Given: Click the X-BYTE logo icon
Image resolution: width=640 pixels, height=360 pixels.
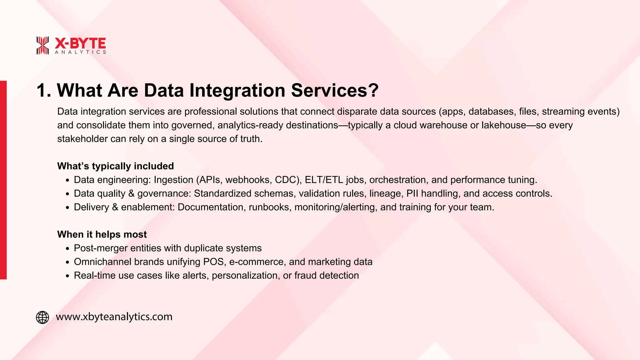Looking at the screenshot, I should pos(42,45).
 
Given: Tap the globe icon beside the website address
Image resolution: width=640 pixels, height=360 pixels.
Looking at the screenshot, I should pos(42,317).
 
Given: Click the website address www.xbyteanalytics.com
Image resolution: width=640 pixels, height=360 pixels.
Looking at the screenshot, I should pos(114,317).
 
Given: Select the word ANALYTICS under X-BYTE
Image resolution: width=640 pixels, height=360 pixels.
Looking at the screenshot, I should pos(80,52).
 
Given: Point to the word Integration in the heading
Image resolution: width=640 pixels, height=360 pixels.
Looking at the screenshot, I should pos(237,91).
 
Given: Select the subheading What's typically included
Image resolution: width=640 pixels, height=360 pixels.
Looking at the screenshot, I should pos(115,166).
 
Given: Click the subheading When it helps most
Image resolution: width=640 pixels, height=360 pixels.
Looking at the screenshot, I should pos(102,234).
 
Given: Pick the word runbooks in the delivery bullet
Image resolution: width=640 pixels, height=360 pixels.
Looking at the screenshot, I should pos(269,207).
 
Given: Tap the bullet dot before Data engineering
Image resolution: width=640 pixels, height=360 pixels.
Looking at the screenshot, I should pos(67,181).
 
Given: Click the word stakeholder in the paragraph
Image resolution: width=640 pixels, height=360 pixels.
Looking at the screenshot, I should pos(82,139).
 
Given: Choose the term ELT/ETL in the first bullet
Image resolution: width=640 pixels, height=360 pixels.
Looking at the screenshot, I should pos(324,180).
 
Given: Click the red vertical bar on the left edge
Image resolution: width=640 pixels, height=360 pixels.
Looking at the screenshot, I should pos(3,180).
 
